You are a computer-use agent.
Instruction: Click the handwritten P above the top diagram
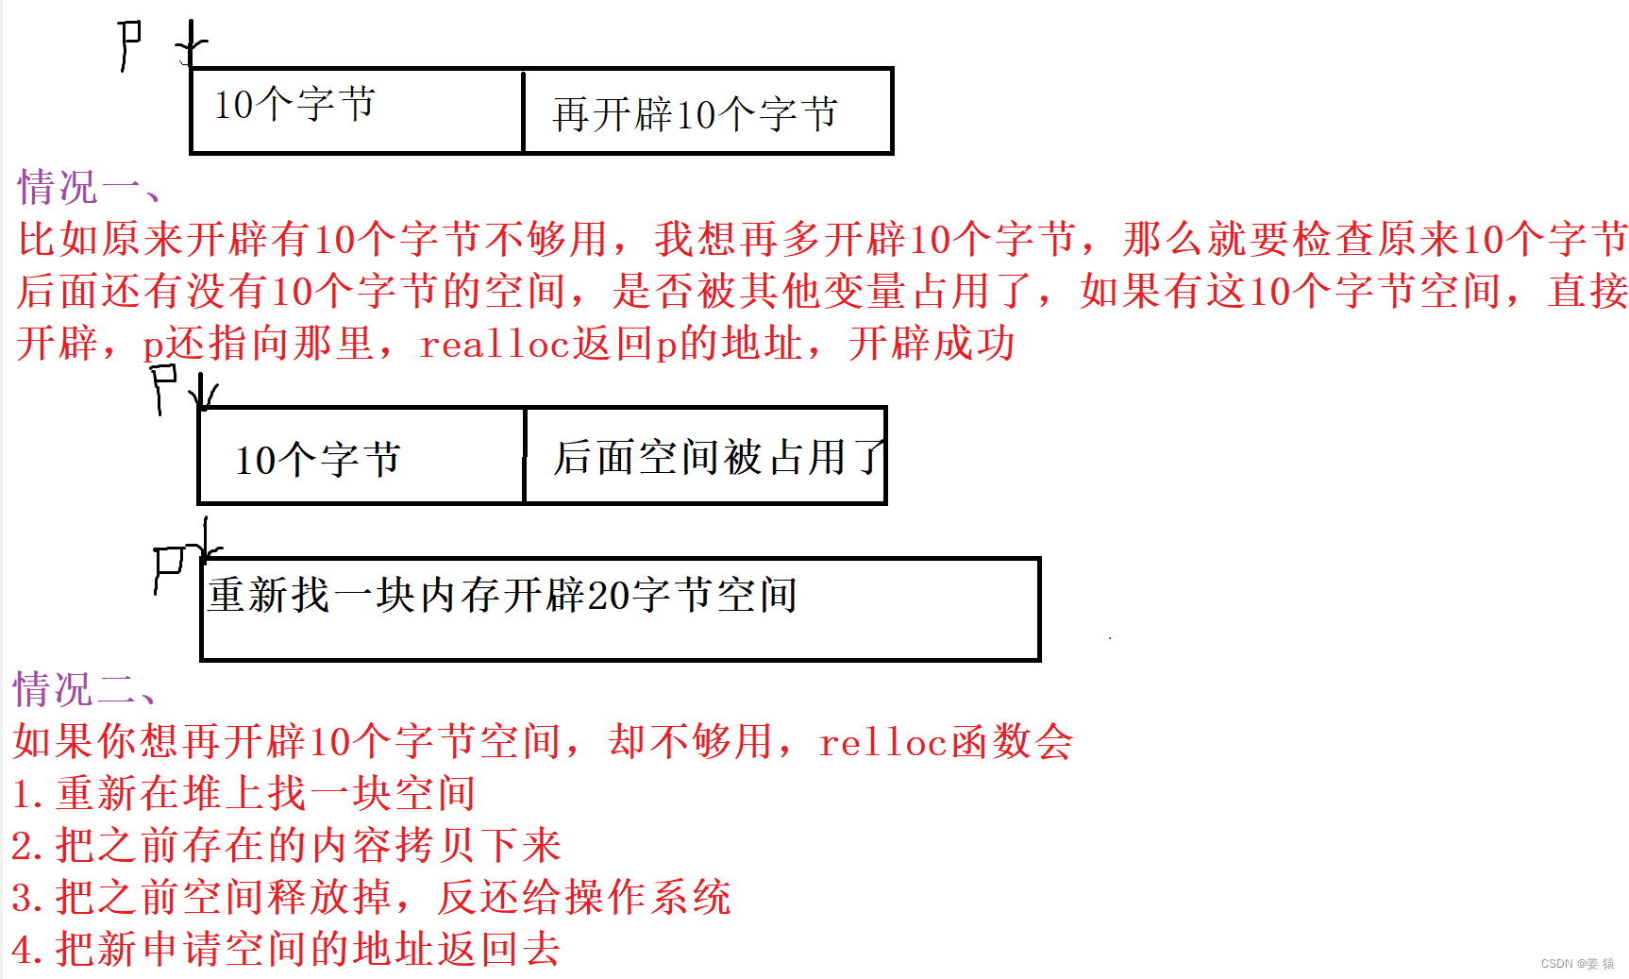[x=130, y=43]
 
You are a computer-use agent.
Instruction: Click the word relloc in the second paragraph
[x=882, y=742]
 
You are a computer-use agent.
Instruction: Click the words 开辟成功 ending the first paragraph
[x=931, y=344]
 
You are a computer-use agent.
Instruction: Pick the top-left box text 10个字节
[x=294, y=104]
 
